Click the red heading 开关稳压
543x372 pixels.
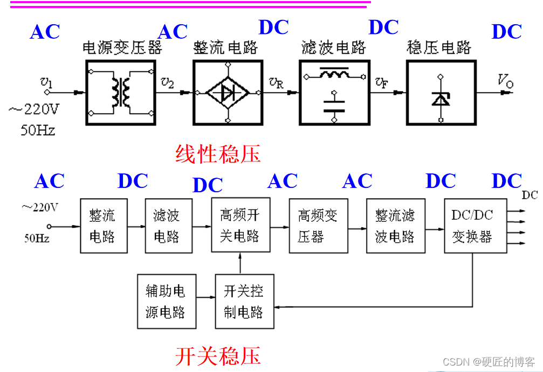[218, 356]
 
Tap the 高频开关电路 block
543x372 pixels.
[240, 226]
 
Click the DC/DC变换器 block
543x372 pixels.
[472, 226]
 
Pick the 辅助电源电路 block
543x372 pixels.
[166, 301]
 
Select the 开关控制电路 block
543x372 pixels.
[244, 301]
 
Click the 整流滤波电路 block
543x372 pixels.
[395, 226]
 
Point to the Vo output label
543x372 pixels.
[505, 81]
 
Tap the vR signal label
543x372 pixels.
[276, 82]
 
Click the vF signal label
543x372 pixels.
[382, 82]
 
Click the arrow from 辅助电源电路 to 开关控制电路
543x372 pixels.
[205, 297]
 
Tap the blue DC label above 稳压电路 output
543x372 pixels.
[506, 32]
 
